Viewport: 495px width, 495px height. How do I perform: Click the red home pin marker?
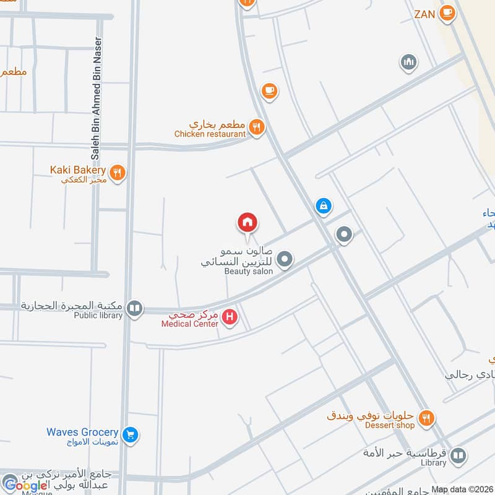point(247,222)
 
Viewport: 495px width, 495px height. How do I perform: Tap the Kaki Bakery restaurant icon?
point(118,172)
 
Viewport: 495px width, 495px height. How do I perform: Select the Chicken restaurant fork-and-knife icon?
point(257,128)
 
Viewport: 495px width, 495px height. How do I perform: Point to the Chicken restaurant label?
point(210,133)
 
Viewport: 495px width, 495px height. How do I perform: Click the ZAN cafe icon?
point(447,12)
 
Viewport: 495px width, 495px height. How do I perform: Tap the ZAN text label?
point(424,13)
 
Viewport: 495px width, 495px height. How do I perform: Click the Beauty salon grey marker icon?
point(284,259)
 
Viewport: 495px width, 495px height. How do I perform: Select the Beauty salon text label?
point(248,271)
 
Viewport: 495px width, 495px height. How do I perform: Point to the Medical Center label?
point(189,323)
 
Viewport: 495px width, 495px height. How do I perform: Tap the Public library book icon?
point(134,308)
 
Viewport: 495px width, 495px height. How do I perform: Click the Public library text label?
point(99,314)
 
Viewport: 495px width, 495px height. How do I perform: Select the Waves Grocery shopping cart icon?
point(130,435)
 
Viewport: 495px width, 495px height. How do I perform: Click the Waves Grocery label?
point(82,432)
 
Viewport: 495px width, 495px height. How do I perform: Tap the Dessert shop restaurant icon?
point(426,420)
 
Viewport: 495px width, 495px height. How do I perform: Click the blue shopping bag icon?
point(322,206)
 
